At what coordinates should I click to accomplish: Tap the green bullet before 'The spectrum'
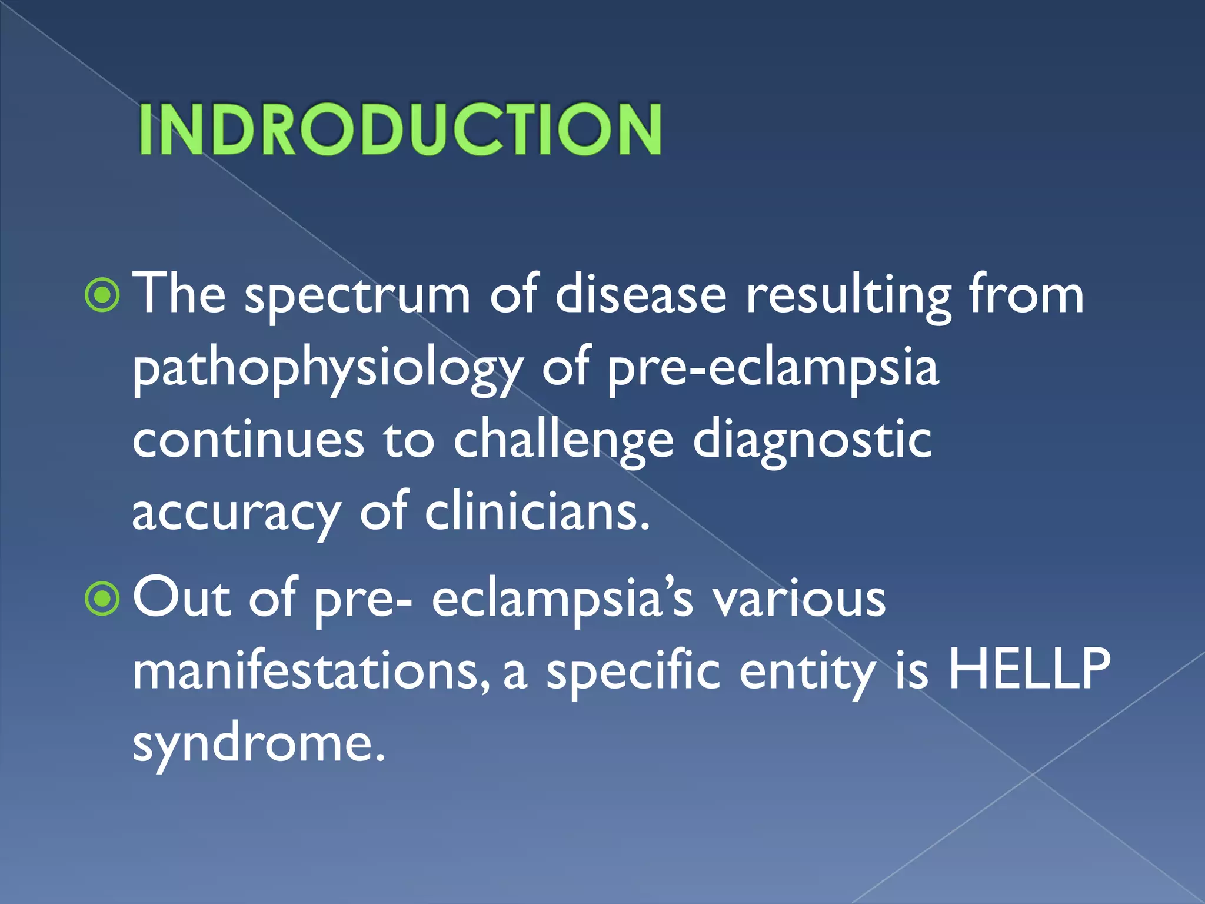[102, 296]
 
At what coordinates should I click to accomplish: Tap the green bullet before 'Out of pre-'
[102, 600]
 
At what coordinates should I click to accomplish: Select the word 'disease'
[641, 294]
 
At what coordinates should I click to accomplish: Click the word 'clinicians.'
[537, 511]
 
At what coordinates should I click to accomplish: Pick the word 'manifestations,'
[311, 671]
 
